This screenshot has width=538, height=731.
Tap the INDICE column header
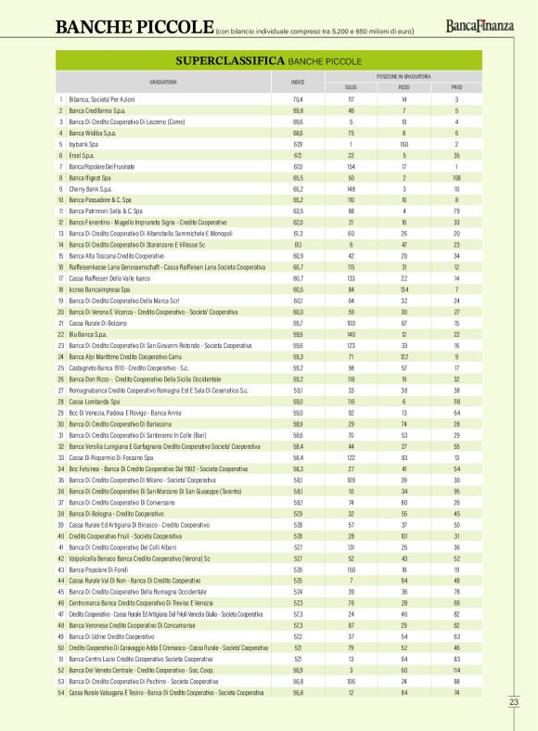tap(298, 82)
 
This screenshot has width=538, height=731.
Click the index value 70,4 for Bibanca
tap(298, 99)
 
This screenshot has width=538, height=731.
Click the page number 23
tap(514, 701)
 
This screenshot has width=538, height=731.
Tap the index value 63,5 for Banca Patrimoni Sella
tap(298, 212)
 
